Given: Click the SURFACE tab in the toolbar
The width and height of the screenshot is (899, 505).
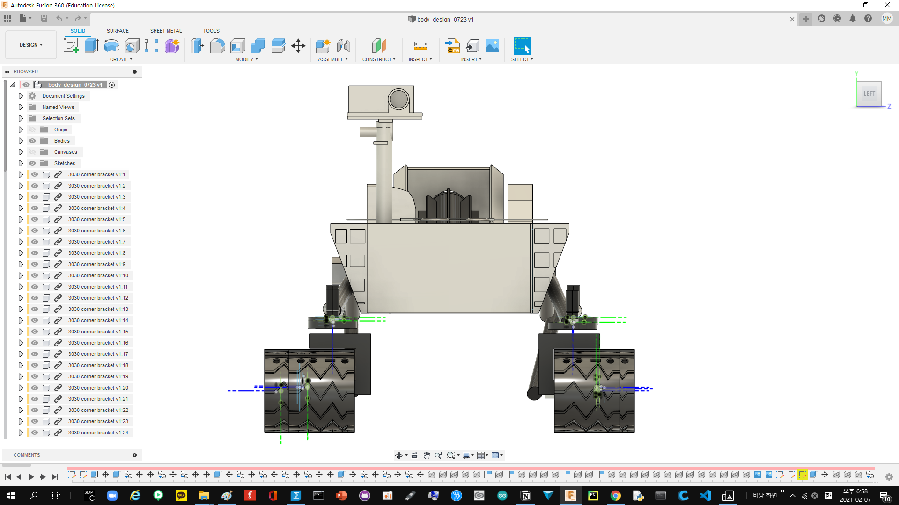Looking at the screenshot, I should point(118,31).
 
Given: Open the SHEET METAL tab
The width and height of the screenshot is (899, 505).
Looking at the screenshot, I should point(166,31).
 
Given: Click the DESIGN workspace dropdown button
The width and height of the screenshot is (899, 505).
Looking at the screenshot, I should point(31,45).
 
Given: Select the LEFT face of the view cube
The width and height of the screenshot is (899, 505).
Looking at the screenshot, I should point(869,94).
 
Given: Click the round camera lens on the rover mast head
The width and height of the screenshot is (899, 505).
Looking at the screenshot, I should point(398,99).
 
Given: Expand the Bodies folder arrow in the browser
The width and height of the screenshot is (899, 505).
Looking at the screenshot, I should point(21,141).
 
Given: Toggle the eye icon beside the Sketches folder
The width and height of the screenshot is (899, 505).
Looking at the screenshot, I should point(32,163).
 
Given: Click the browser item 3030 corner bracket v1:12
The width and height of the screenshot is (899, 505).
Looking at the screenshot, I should point(98,298).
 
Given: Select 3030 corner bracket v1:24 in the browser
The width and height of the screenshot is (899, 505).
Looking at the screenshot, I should point(98,433).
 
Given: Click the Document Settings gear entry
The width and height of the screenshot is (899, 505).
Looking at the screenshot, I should point(63,96).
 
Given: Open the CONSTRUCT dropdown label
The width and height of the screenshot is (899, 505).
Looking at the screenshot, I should point(379,59).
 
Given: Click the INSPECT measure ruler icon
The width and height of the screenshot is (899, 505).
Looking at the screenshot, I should point(420,46).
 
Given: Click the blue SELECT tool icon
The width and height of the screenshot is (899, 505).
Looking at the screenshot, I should point(522,46).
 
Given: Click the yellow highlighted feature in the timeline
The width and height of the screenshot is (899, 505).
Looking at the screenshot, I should point(802,475).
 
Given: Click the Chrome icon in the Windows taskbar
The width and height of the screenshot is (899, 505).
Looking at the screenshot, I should point(615,496).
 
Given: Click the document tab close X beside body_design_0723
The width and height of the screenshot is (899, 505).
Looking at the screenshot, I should point(792,19).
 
